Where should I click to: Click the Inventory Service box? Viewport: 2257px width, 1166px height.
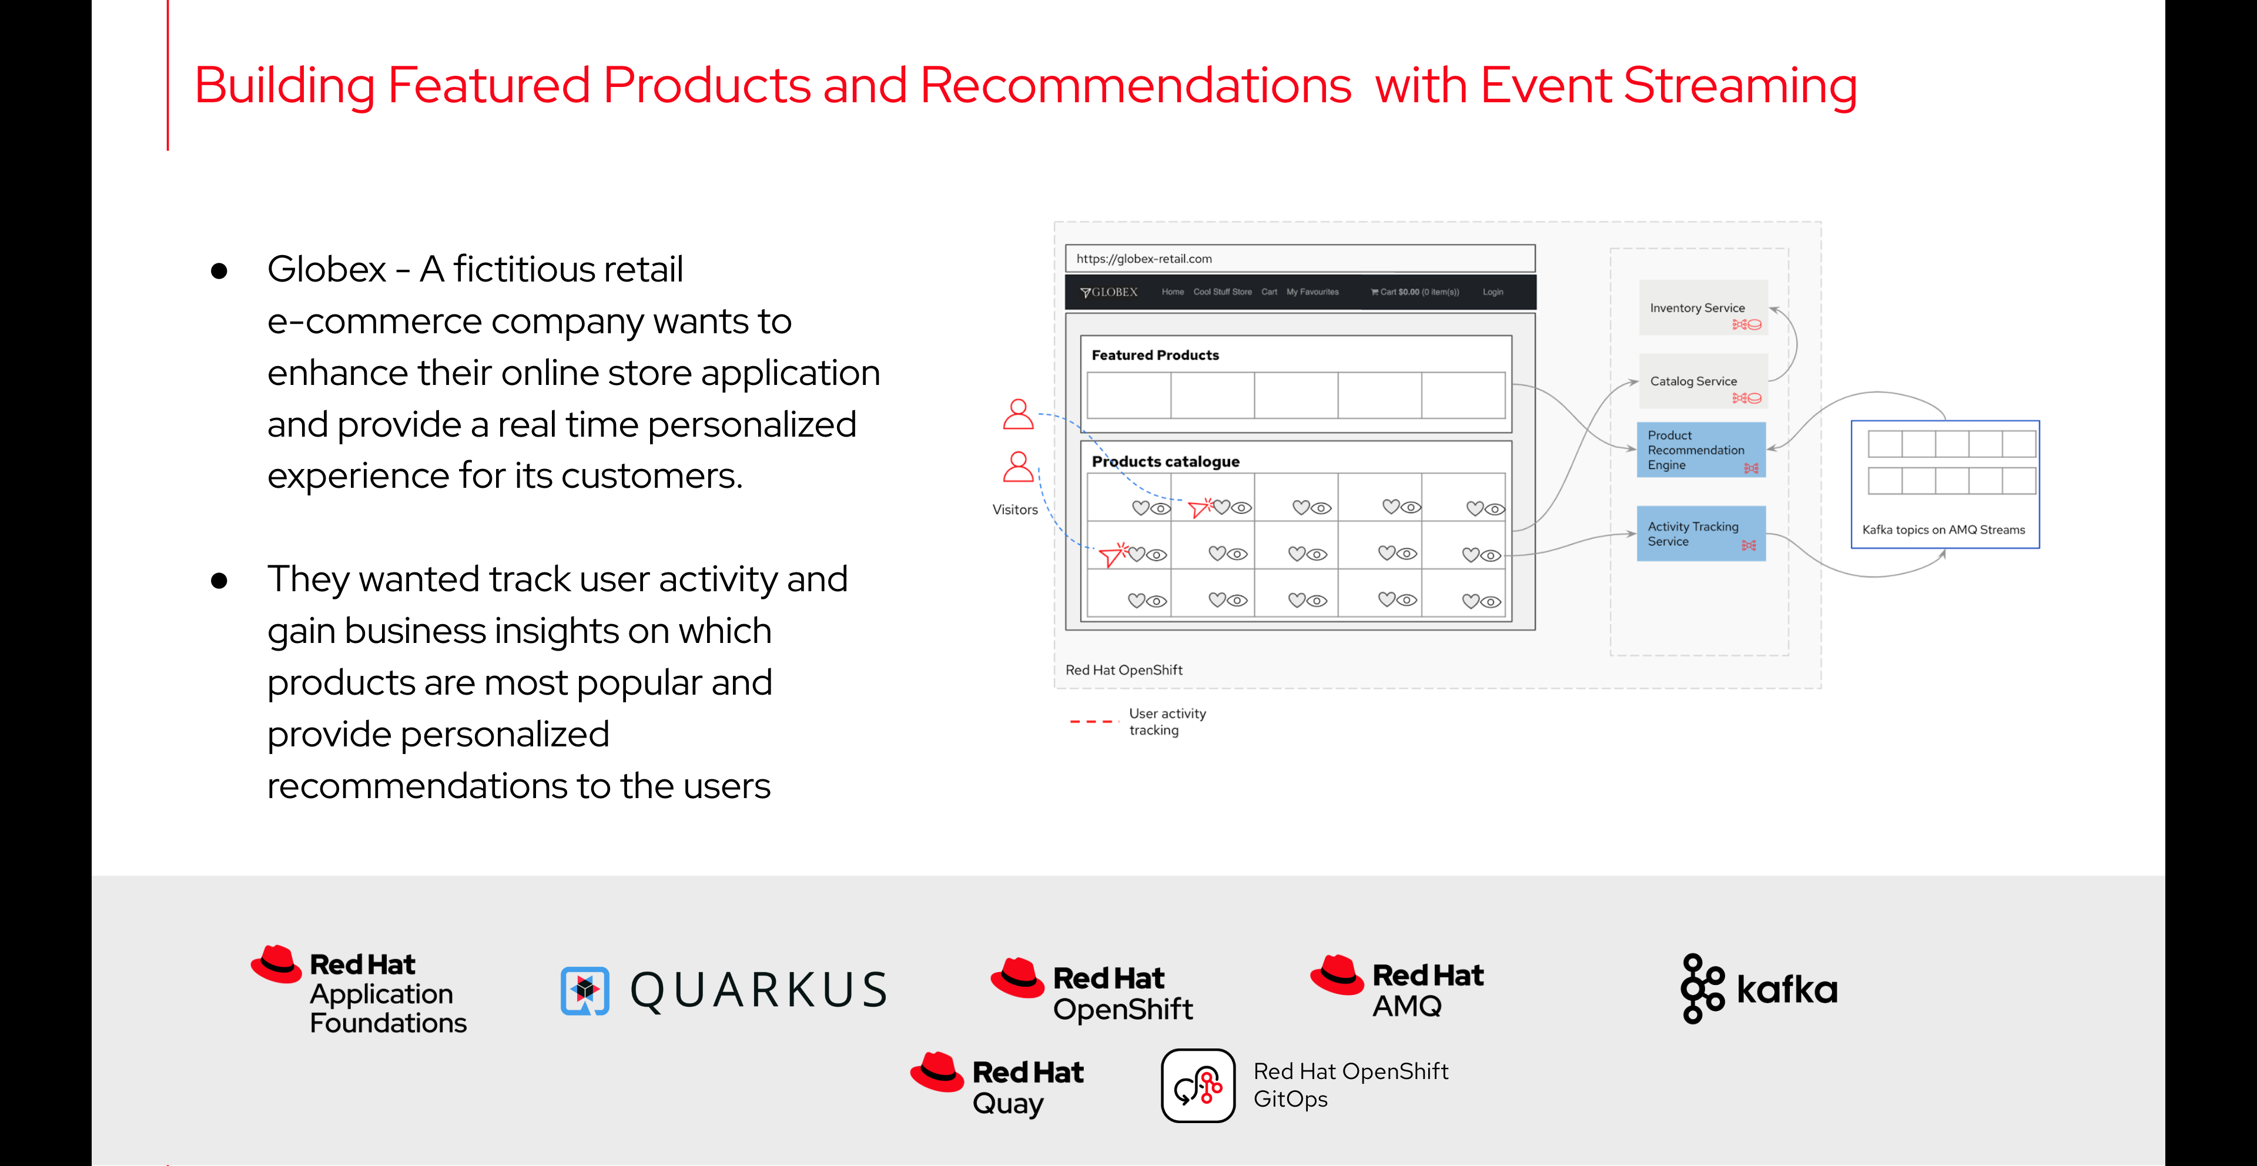[1702, 307]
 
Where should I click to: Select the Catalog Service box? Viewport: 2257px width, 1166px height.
[1702, 381]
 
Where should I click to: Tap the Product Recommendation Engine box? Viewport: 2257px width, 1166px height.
[1700, 450]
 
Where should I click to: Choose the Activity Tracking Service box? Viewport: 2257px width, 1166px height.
[1700, 534]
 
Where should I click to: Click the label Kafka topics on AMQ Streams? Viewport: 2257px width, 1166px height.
[1943, 530]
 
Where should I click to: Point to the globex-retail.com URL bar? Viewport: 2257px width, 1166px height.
[1300, 259]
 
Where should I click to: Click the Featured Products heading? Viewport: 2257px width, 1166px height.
[1155, 355]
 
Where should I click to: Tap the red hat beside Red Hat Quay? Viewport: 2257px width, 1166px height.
[937, 1073]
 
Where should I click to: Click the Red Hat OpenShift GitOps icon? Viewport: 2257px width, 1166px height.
[1198, 1085]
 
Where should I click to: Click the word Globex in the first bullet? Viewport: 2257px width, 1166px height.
[327, 269]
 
